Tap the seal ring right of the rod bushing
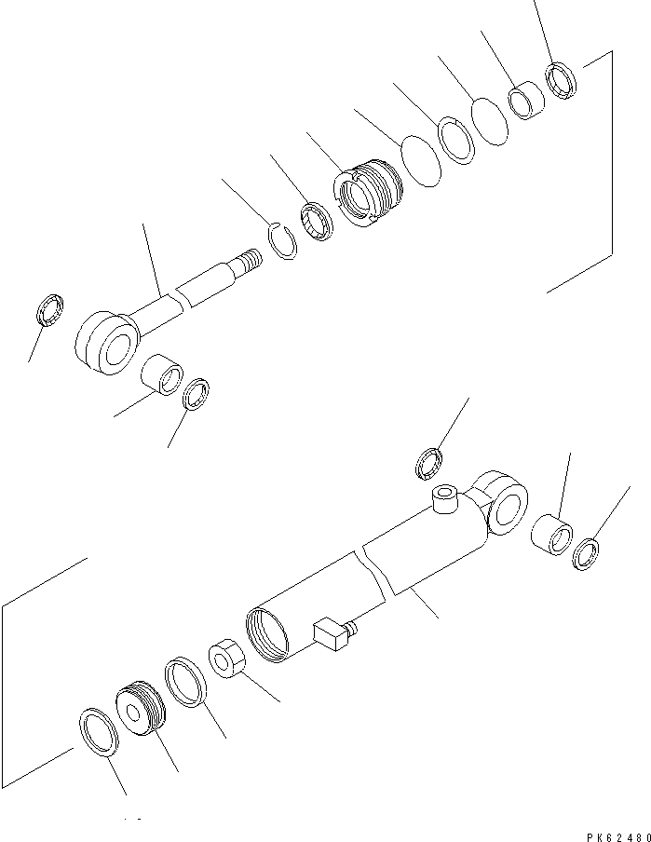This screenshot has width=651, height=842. tap(197, 393)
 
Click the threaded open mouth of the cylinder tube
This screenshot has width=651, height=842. tap(270, 634)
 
